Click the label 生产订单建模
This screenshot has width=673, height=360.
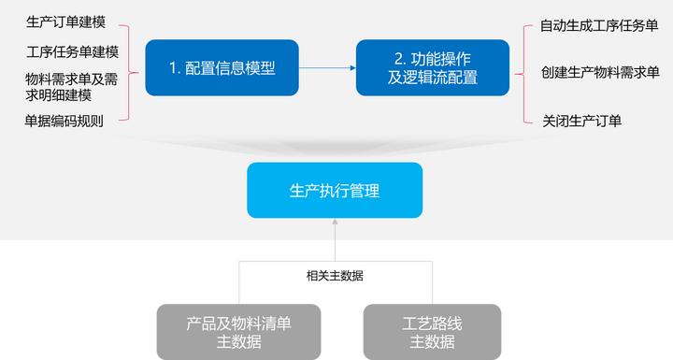pyautogui.click(x=65, y=20)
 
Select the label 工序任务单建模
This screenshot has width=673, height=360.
pyautogui.click(x=72, y=50)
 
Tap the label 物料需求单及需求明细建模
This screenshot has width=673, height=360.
pyautogui.click(x=72, y=86)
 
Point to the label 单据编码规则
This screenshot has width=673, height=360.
pyautogui.click(x=64, y=121)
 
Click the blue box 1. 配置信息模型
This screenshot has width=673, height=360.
pyautogui.click(x=222, y=67)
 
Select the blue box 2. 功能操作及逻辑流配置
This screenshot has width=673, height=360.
pyautogui.click(x=433, y=67)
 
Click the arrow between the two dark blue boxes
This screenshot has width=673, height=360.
pyautogui.click(x=327, y=67)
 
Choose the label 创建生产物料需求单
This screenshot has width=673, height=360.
pyautogui.click(x=599, y=72)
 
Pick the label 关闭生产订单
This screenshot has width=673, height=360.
pyautogui.click(x=582, y=120)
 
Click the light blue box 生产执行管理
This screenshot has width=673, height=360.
pyautogui.click(x=335, y=190)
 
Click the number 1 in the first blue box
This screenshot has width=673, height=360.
pyautogui.click(x=173, y=67)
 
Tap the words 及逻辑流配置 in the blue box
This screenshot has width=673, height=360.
pyautogui.click(x=433, y=78)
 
